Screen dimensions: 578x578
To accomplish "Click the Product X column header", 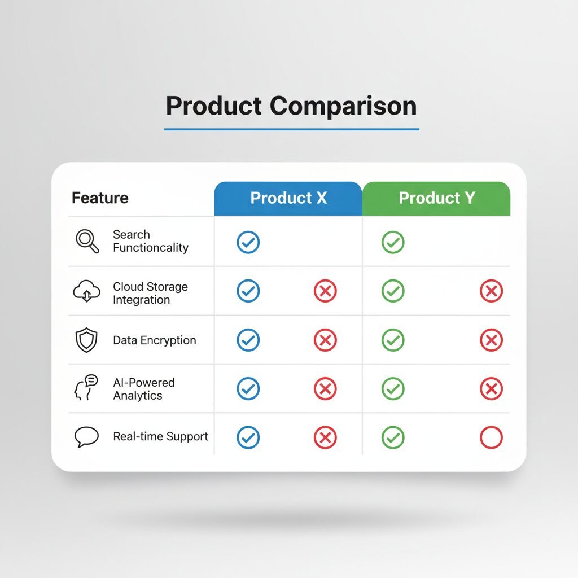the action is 288,198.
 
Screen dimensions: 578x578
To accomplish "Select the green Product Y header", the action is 436,198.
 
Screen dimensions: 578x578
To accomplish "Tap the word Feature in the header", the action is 100,198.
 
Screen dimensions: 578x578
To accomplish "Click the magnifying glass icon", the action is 87,242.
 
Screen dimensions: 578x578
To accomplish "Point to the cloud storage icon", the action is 86,291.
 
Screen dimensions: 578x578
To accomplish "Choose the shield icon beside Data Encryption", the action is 86,340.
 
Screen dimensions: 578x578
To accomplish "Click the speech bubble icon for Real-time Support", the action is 86,437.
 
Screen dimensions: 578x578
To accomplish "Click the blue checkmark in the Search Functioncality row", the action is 248,242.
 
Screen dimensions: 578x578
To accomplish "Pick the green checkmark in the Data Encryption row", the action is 393,340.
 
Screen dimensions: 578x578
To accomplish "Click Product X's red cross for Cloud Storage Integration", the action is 325,291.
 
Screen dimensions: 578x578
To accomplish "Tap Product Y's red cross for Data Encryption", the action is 492,340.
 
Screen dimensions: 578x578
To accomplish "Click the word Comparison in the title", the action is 343,106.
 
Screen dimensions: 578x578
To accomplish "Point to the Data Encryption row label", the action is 155,340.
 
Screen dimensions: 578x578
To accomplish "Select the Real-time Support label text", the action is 160,436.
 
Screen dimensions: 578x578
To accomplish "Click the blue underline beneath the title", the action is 292,129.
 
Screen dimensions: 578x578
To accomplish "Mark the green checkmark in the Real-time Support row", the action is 393,437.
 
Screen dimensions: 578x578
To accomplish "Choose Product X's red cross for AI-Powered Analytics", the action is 325,388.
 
